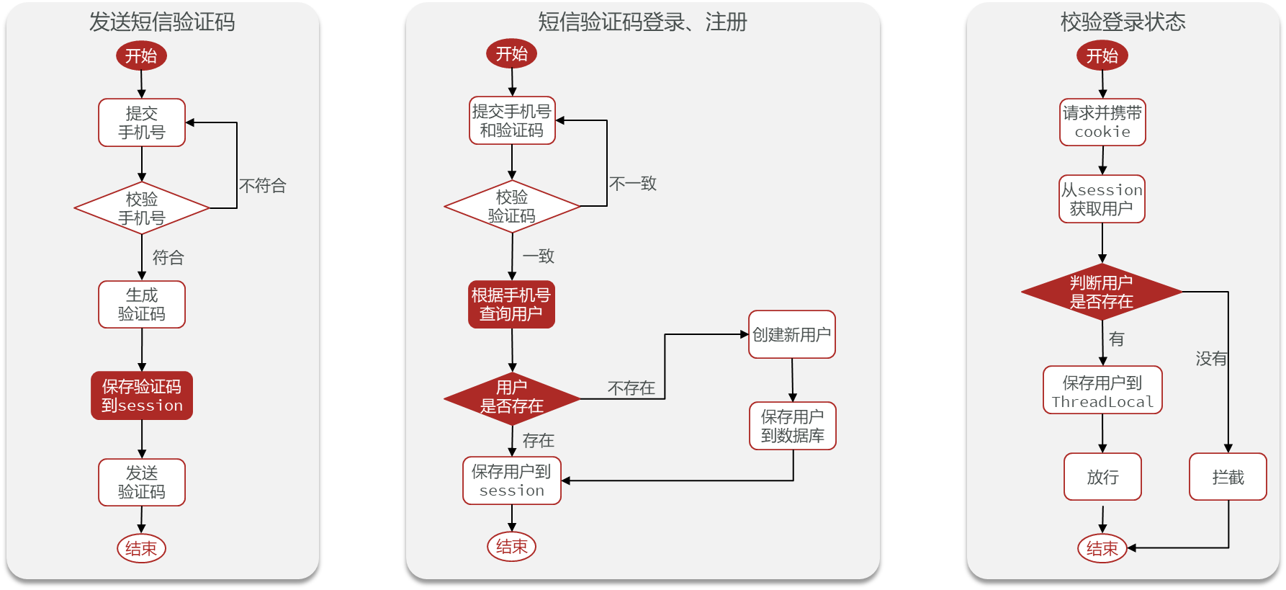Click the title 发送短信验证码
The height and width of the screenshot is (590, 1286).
pyautogui.click(x=162, y=22)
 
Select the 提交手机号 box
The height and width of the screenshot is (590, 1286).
pyautogui.click(x=142, y=123)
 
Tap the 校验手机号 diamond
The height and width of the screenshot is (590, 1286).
pyautogui.click(x=142, y=208)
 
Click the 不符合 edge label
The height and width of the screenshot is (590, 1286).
pyautogui.click(x=263, y=186)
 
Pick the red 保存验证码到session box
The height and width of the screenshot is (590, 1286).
pyautogui.click(x=142, y=395)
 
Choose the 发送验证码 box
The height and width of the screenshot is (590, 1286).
pyautogui.click(x=142, y=483)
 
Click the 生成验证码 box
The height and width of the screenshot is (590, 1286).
pyautogui.click(x=142, y=305)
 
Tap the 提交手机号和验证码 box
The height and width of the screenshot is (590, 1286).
pyautogui.click(x=512, y=121)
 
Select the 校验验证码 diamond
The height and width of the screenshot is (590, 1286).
pyautogui.click(x=512, y=206)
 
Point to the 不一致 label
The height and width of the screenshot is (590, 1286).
pyautogui.click(x=633, y=184)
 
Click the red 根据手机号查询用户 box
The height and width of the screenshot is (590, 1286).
pyautogui.click(x=511, y=305)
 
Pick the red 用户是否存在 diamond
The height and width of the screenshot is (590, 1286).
pyautogui.click(x=512, y=397)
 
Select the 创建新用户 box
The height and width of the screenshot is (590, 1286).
pyautogui.click(x=792, y=335)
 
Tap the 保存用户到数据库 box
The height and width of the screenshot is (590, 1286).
pyautogui.click(x=793, y=426)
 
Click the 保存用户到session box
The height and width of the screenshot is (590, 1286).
pyautogui.click(x=512, y=481)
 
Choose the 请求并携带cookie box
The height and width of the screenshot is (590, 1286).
pyautogui.click(x=1102, y=122)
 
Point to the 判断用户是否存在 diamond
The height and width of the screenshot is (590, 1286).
pyautogui.click(x=1102, y=292)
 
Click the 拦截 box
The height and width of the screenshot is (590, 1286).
pyautogui.click(x=1228, y=477)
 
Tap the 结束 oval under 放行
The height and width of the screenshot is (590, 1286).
pyautogui.click(x=1102, y=548)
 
